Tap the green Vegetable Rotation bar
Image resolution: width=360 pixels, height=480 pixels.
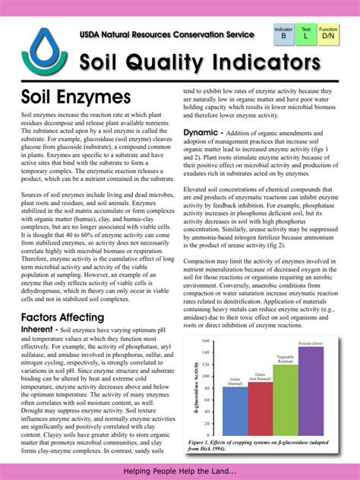[286, 399]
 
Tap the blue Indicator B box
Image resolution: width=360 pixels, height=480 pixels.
[284, 33]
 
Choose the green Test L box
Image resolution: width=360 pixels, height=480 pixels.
[306, 33]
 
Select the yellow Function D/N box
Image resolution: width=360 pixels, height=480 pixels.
[329, 33]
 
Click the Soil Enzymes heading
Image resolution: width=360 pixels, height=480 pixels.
[76, 98]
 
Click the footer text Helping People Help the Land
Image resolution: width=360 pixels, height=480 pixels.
[180, 472]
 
